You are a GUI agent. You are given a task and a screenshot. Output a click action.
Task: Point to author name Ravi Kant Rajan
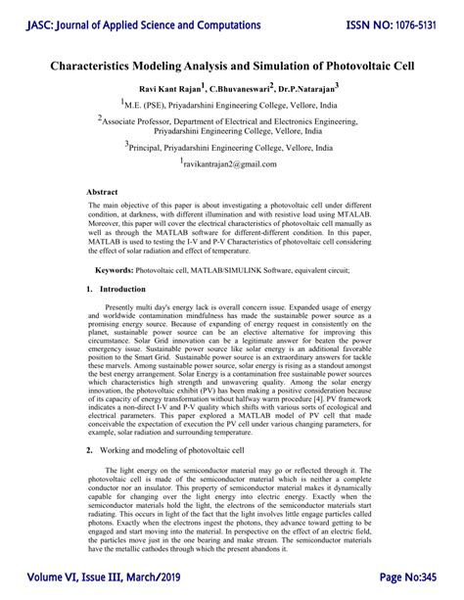click(161, 87)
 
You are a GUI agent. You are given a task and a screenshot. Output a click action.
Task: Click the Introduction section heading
click(122, 290)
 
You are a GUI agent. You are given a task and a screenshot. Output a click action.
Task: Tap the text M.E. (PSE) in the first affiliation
click(147, 103)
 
